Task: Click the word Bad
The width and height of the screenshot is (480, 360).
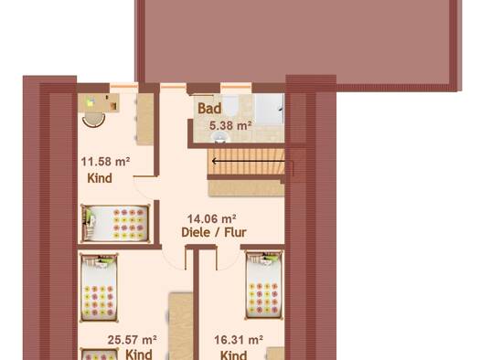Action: click(209, 109)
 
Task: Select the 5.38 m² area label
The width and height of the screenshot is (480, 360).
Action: click(230, 126)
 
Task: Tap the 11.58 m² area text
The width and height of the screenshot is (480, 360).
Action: click(105, 162)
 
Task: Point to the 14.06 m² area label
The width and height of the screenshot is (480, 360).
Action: click(211, 219)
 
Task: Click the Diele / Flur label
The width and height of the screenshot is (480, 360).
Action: click(214, 232)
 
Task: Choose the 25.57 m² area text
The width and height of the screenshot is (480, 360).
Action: click(133, 340)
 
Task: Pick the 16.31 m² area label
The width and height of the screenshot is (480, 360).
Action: click(239, 340)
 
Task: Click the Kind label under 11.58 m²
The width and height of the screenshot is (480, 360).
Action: click(100, 178)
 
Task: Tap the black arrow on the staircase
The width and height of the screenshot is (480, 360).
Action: click(249, 161)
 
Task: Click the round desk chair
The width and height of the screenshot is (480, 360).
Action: click(93, 120)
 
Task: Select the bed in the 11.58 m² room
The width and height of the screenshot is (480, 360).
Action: click(115, 223)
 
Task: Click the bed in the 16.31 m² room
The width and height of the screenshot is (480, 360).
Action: click(264, 284)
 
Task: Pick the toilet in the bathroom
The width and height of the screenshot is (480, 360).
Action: click(230, 105)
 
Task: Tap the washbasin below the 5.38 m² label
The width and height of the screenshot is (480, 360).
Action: click(219, 137)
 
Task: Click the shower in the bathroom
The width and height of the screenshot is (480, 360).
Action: click(269, 110)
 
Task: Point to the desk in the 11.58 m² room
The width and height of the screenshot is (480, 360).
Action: click(99, 102)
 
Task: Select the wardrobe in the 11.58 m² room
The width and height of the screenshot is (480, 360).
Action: click(144, 119)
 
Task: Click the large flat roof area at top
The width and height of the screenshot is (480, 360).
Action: click(298, 41)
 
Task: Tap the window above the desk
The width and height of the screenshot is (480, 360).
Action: click(124, 87)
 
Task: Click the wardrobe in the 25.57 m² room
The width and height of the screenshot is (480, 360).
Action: click(181, 326)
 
